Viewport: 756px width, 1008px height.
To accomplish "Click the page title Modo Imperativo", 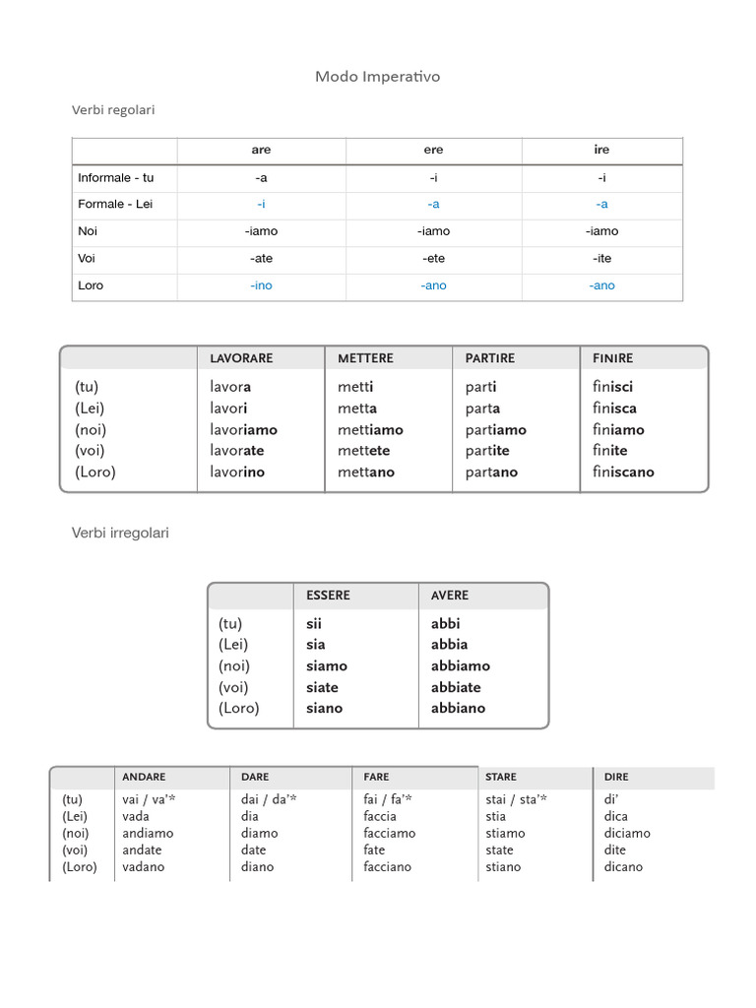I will (377, 76).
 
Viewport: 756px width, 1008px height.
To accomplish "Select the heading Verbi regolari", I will (113, 110).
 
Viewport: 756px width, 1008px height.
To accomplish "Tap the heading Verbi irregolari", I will (120, 533).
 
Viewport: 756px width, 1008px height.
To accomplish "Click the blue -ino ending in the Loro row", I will (261, 285).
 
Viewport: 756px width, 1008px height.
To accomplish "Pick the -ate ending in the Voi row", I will (261, 258).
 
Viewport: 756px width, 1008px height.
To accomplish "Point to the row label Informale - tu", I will (116, 178).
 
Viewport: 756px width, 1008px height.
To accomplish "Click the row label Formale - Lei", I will (115, 205).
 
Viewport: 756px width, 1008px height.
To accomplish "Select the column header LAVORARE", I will (241, 358).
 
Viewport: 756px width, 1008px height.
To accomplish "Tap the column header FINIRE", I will (613, 358).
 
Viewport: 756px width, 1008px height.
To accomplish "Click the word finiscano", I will (623, 472).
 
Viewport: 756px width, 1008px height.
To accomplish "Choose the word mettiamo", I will (370, 429).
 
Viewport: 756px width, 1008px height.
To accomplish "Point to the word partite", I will (487, 451).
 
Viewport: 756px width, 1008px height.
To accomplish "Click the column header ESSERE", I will (328, 596).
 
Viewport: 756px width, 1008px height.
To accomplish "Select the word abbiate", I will (456, 687).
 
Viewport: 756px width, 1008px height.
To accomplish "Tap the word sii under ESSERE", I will (314, 623).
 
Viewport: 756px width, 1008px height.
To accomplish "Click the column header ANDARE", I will (144, 777).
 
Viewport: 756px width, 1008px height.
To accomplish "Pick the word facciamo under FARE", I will (389, 833).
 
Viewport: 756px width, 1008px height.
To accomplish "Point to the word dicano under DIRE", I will (623, 867).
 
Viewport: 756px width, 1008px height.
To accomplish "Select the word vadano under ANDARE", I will (143, 867).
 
